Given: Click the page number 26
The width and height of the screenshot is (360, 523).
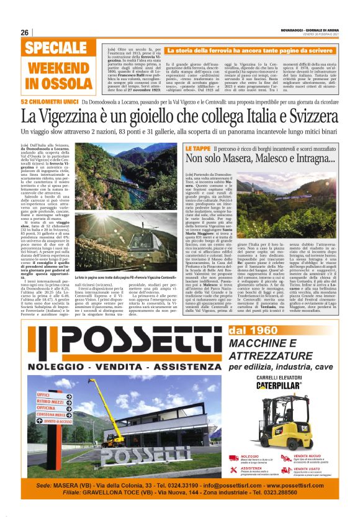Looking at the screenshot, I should point(25,33).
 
